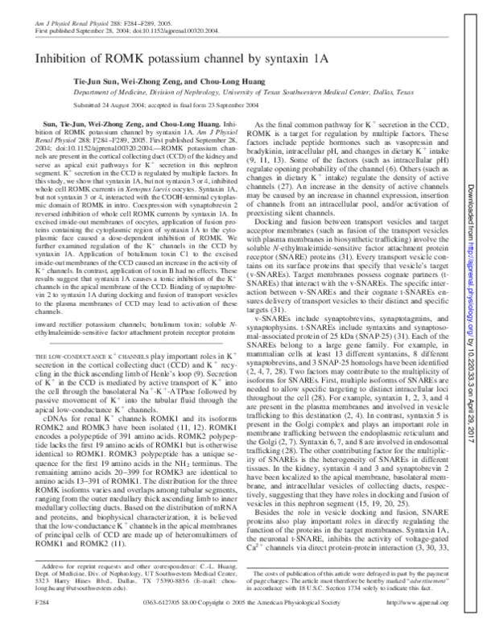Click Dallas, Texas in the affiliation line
click(x=402, y=103)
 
